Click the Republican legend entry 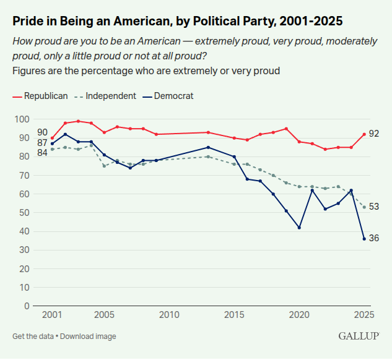click(41, 96)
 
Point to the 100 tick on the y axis click(22, 119)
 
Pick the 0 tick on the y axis click(27, 306)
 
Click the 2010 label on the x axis click(169, 315)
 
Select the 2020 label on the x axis click(299, 315)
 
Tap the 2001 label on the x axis click(52, 315)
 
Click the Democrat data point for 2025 click(364, 239)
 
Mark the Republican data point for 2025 click(364, 134)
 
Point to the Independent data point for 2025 click(364, 207)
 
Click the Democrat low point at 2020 click(299, 228)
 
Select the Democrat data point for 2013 click(208, 147)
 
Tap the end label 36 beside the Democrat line click(374, 239)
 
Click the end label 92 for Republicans click(374, 134)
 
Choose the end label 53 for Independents click(374, 207)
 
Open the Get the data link click(33, 336)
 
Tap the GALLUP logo click(359, 336)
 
